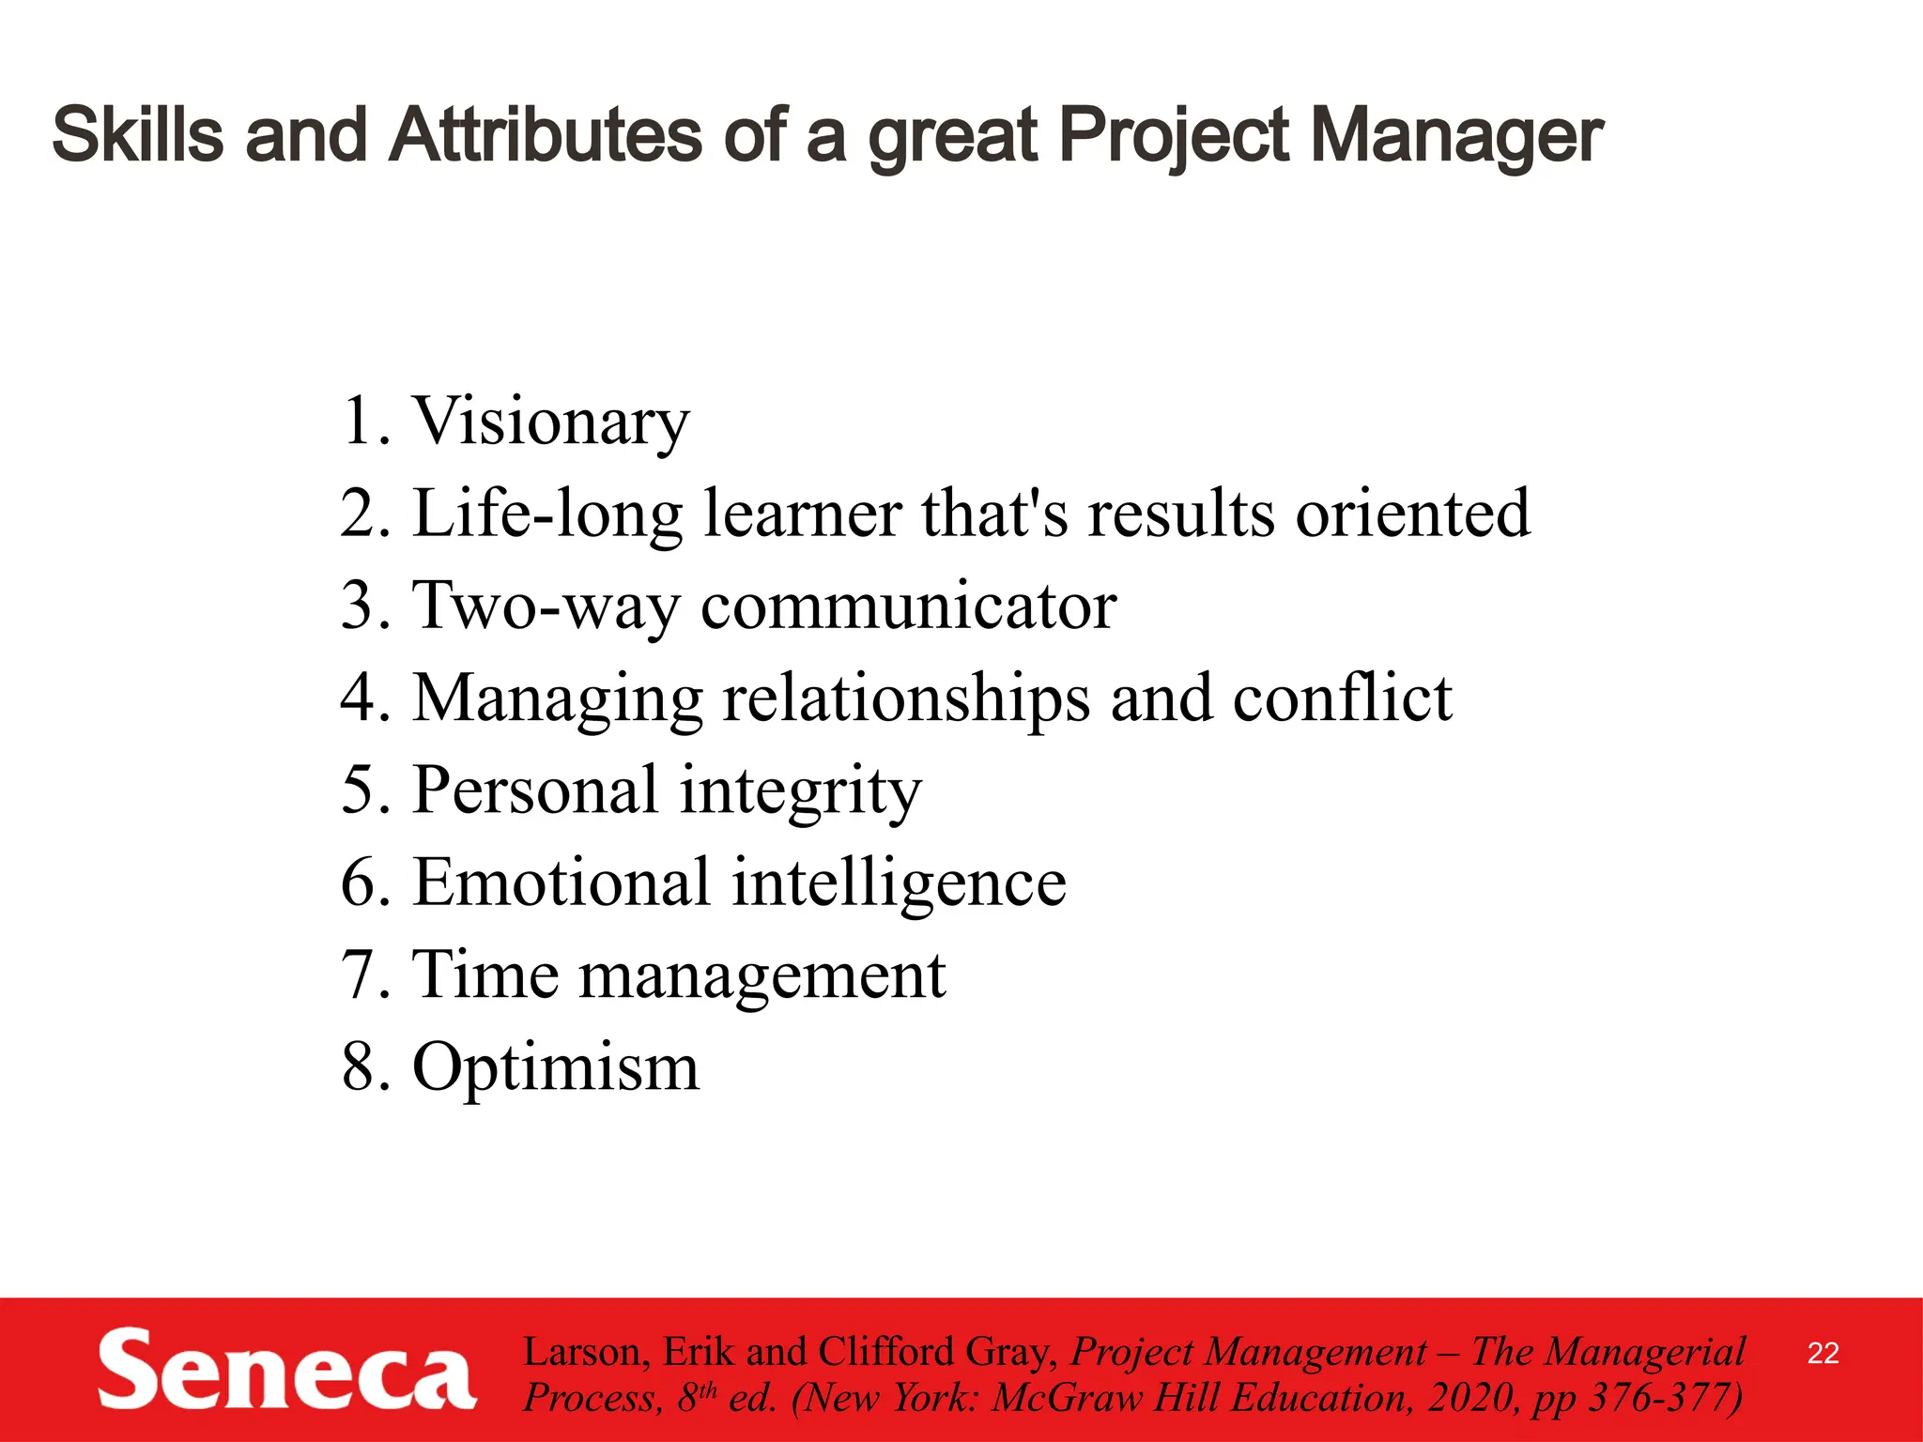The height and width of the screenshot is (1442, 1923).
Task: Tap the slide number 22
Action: point(1823,1353)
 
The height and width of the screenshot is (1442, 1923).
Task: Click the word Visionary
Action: point(551,422)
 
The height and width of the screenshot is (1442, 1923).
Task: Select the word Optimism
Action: point(556,1067)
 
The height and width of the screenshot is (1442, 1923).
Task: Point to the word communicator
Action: point(909,606)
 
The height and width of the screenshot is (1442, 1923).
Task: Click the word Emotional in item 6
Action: point(562,882)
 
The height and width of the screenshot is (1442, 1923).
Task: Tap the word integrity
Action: point(801,790)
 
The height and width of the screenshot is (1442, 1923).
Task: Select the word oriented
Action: point(1413,514)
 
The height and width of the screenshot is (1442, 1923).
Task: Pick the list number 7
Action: point(360,975)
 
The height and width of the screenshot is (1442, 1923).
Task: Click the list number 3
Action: point(360,606)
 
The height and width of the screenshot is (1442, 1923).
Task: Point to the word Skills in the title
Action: point(138,135)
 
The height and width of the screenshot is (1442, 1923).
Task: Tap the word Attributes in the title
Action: point(546,135)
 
